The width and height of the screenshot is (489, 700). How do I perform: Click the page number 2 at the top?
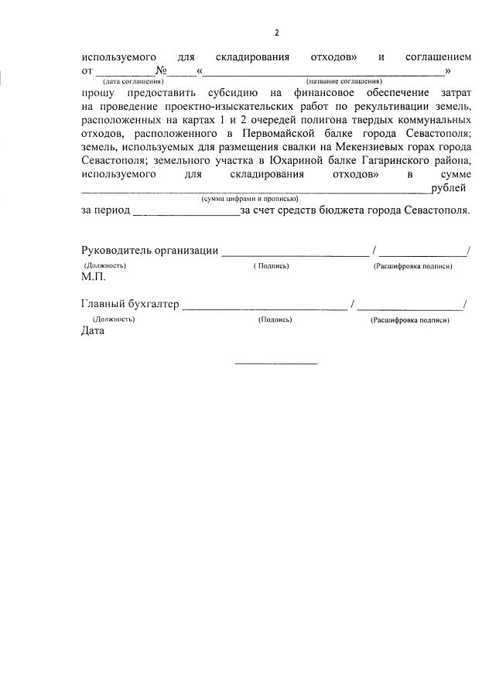[x=276, y=32]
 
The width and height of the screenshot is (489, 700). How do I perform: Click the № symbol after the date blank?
[x=162, y=71]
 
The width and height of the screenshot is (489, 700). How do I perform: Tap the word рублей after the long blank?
[x=449, y=188]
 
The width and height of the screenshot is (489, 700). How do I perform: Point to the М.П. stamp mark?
[x=94, y=276]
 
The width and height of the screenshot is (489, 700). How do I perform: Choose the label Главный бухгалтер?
[x=130, y=304]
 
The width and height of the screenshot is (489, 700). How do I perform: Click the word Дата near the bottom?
[x=92, y=331]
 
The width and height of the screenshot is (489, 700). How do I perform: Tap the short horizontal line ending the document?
[x=275, y=363]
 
